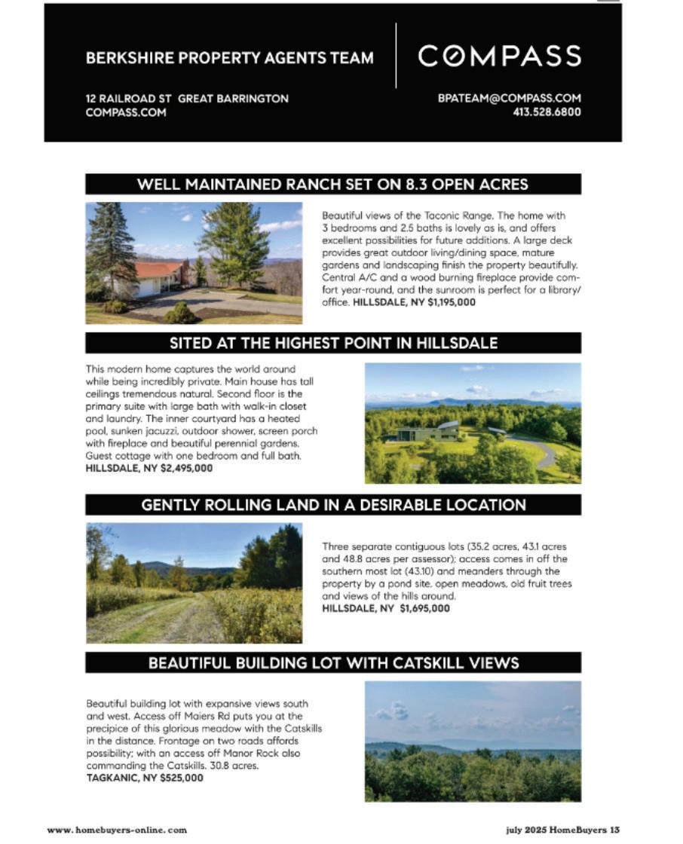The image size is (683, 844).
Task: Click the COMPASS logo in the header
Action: (x=499, y=57)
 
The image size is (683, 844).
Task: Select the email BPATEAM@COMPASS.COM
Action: (x=509, y=99)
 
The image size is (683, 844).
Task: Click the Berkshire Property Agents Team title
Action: (x=229, y=58)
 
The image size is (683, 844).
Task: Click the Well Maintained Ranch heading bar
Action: (x=332, y=184)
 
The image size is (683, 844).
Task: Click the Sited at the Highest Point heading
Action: (x=332, y=343)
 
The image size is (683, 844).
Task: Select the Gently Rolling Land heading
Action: (x=332, y=505)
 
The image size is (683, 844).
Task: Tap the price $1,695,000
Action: (x=424, y=608)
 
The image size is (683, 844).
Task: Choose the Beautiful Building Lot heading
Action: (x=332, y=663)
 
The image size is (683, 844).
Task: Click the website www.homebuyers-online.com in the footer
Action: (x=117, y=830)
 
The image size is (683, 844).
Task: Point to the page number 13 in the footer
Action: (x=614, y=830)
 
